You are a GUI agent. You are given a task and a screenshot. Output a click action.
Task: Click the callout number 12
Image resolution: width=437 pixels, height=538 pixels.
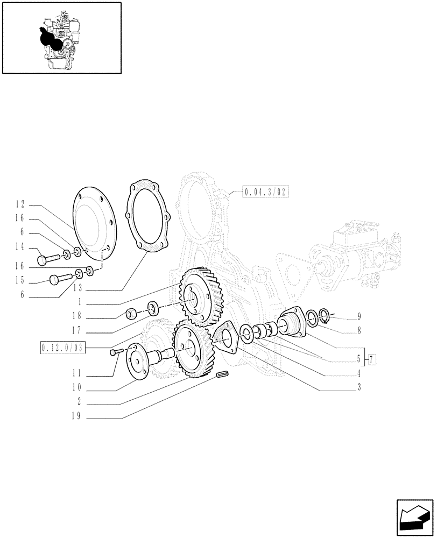point(20,204)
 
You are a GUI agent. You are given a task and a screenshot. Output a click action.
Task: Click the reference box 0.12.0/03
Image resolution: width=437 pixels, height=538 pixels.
point(62,348)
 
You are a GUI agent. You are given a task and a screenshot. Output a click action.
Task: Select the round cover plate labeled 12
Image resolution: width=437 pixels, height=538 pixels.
point(91,221)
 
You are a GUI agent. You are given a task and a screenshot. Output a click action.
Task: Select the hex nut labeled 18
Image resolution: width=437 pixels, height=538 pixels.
point(131,313)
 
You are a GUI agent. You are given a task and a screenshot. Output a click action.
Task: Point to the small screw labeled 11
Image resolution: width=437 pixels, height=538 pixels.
point(115,352)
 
